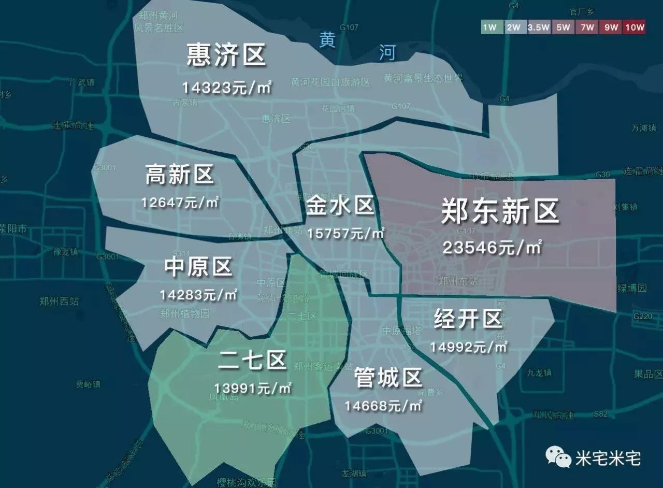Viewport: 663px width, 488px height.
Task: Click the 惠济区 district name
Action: (x=226, y=55)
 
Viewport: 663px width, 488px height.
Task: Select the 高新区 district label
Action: (x=179, y=175)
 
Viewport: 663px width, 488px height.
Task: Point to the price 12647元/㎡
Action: (x=180, y=202)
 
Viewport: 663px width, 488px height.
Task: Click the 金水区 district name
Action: (x=340, y=206)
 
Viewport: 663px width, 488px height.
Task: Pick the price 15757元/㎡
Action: (x=345, y=233)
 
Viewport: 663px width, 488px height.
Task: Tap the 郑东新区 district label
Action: (x=500, y=211)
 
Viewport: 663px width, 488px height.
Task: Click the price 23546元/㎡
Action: (x=492, y=248)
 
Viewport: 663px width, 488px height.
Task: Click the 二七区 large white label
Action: (x=252, y=360)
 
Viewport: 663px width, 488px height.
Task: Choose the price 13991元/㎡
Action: (x=252, y=387)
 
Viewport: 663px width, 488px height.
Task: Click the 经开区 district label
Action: (x=468, y=319)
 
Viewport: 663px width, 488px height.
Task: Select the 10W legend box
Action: (x=635, y=27)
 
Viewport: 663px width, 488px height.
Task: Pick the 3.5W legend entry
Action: (x=539, y=27)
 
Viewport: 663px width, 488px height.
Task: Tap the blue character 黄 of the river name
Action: (x=327, y=40)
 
